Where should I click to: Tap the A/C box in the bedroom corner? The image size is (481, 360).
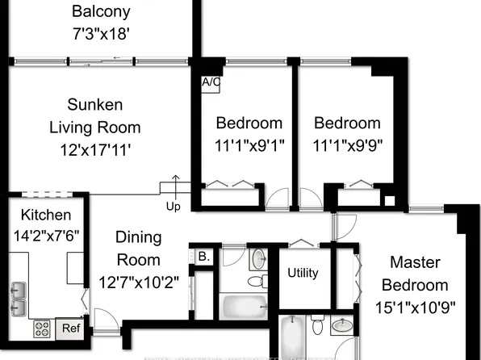coord(210,82)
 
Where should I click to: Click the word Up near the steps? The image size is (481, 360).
coord(174,206)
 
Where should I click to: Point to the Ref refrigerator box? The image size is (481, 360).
coord(71,328)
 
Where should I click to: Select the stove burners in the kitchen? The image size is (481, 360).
coord(42,329)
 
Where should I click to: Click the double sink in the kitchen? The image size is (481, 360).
coord(18,299)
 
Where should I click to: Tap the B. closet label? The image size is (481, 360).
coord(204,257)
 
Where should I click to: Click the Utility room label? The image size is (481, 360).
coord(303,273)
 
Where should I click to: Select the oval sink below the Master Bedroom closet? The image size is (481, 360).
coord(342,328)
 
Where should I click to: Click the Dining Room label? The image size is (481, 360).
coord(139,249)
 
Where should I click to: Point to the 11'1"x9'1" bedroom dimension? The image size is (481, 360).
coord(249,144)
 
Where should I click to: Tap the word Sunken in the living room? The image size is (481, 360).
coord(95,105)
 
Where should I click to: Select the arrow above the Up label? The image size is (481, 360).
coord(176,182)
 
